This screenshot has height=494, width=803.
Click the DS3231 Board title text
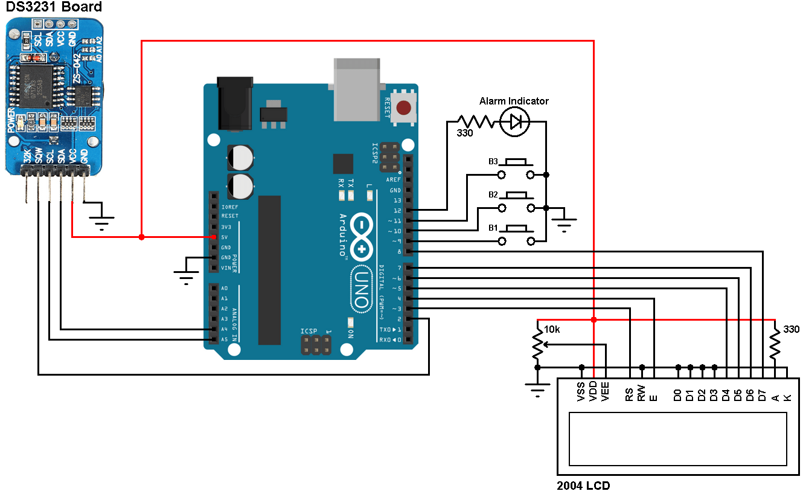click(x=54, y=7)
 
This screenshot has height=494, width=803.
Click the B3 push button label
click(x=493, y=162)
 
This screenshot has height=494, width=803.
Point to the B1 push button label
click(x=493, y=228)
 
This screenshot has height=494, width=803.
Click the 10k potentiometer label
click(x=552, y=330)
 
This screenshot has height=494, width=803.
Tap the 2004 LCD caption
click(x=583, y=485)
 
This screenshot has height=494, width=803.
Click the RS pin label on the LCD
click(x=630, y=395)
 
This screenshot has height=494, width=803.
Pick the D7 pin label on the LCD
click(x=763, y=395)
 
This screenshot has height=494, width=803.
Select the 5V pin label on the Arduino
click(x=225, y=237)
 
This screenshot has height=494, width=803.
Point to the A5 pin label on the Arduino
click(x=225, y=339)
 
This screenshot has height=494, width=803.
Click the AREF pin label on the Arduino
click(x=394, y=180)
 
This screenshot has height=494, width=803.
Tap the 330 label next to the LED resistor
click(x=464, y=133)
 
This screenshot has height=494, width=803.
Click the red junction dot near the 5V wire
click(x=141, y=237)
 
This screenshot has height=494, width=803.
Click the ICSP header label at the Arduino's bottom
click(x=309, y=332)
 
